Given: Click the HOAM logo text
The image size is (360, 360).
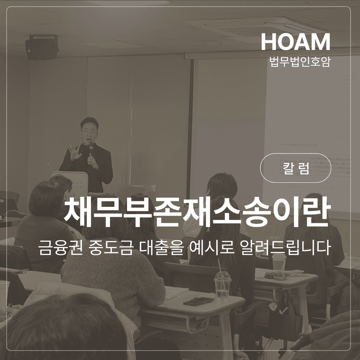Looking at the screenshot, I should (x=295, y=42).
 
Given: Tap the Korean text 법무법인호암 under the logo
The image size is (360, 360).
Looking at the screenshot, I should (x=300, y=61).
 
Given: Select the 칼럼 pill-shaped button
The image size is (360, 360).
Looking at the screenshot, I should (x=295, y=168).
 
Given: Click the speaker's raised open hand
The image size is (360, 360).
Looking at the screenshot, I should (x=75, y=152).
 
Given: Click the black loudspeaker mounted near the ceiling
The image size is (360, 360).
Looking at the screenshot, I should (x=42, y=47).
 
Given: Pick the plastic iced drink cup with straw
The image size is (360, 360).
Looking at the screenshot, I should (x=222, y=285).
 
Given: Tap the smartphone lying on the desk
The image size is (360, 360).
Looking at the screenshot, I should (x=199, y=301).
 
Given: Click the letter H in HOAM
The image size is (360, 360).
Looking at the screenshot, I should (x=268, y=42).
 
